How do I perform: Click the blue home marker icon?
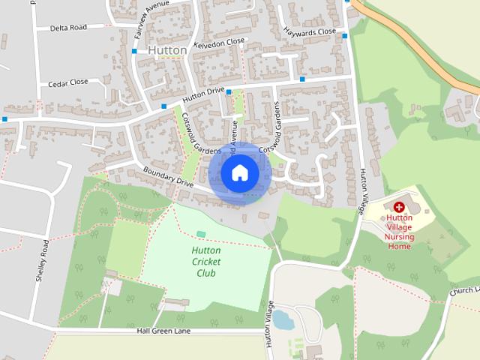pyautogui.click(x=239, y=173)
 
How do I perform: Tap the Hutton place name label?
pyautogui.click(x=167, y=50)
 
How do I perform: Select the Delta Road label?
pyautogui.click(x=68, y=28)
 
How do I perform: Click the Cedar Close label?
pyautogui.click(x=68, y=82)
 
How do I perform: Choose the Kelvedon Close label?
pyautogui.click(x=219, y=43)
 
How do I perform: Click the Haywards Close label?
pyautogui.click(x=310, y=32)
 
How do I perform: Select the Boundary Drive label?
pyautogui.click(x=168, y=175)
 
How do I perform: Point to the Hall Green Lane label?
pyautogui.click(x=163, y=331)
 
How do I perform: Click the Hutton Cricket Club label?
pyautogui.click(x=206, y=262)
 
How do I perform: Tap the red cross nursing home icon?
pyautogui.click(x=399, y=206)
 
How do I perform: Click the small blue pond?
pyautogui.click(x=282, y=320)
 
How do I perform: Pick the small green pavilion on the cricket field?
pyautogui.click(x=200, y=235)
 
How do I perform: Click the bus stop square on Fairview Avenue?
pyautogui.click(x=134, y=52)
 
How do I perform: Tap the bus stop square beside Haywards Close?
pyautogui.click(x=344, y=35)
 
